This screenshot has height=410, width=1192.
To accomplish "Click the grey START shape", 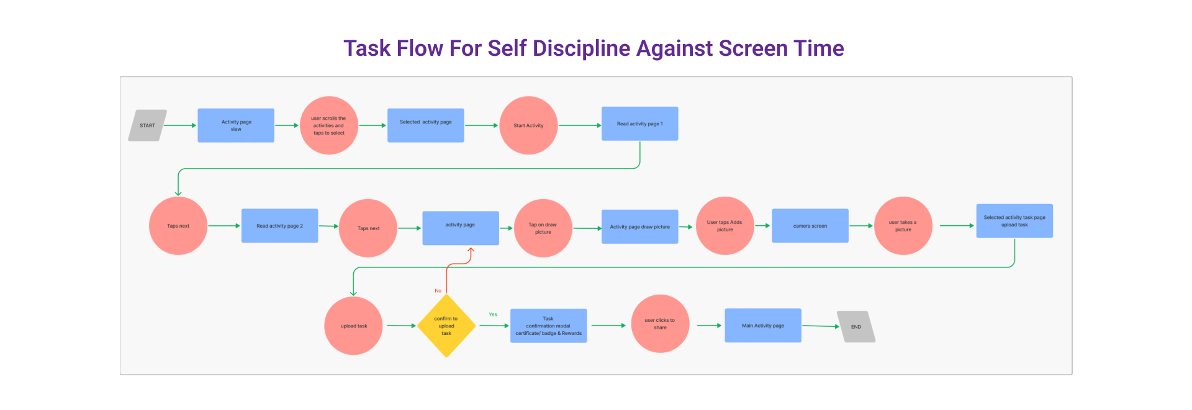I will click(x=147, y=125).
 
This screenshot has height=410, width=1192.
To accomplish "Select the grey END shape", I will click(x=856, y=327).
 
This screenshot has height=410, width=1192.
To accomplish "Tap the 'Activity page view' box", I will click(x=236, y=125).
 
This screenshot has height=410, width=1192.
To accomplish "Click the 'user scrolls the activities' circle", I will click(x=328, y=125).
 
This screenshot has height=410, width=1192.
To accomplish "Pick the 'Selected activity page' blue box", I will click(x=425, y=125).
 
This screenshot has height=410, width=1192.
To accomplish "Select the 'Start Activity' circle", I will click(x=528, y=125).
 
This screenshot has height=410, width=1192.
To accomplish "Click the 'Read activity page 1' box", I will click(x=639, y=123).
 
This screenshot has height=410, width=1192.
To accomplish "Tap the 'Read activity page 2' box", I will click(x=279, y=226).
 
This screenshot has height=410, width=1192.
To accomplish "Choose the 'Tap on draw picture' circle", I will click(x=543, y=228).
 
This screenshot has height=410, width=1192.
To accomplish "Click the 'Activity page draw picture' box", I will click(x=639, y=226).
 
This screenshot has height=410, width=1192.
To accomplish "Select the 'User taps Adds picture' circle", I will click(x=725, y=226).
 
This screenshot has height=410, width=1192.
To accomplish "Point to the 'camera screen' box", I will click(x=810, y=226).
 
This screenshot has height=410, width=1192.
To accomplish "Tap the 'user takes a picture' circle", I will click(x=903, y=226).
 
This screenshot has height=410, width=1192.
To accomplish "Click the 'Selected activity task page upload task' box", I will click(x=1014, y=221).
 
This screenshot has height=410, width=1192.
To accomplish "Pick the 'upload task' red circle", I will click(x=353, y=326).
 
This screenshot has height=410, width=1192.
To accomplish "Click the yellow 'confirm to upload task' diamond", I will click(x=446, y=326).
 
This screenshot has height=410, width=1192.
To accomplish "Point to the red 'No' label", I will click(x=438, y=290).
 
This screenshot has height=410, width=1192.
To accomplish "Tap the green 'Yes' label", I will click(x=493, y=314).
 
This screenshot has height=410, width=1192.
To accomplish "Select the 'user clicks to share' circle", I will click(x=660, y=324).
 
